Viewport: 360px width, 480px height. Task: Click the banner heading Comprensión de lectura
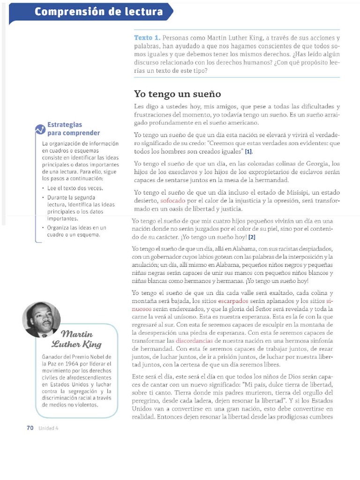point(98,12)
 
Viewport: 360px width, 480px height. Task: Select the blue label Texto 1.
point(147,37)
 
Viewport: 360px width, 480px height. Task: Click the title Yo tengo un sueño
point(177,94)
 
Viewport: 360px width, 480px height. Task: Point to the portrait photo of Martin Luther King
point(41,320)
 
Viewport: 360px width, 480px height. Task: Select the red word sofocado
point(172,201)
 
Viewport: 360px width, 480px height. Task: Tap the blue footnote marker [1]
point(248,152)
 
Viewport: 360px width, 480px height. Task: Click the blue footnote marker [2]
point(252,237)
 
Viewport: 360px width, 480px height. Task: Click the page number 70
point(30,427)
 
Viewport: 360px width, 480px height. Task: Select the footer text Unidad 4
point(49,428)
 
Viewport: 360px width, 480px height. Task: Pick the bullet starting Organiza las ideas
point(76,231)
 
